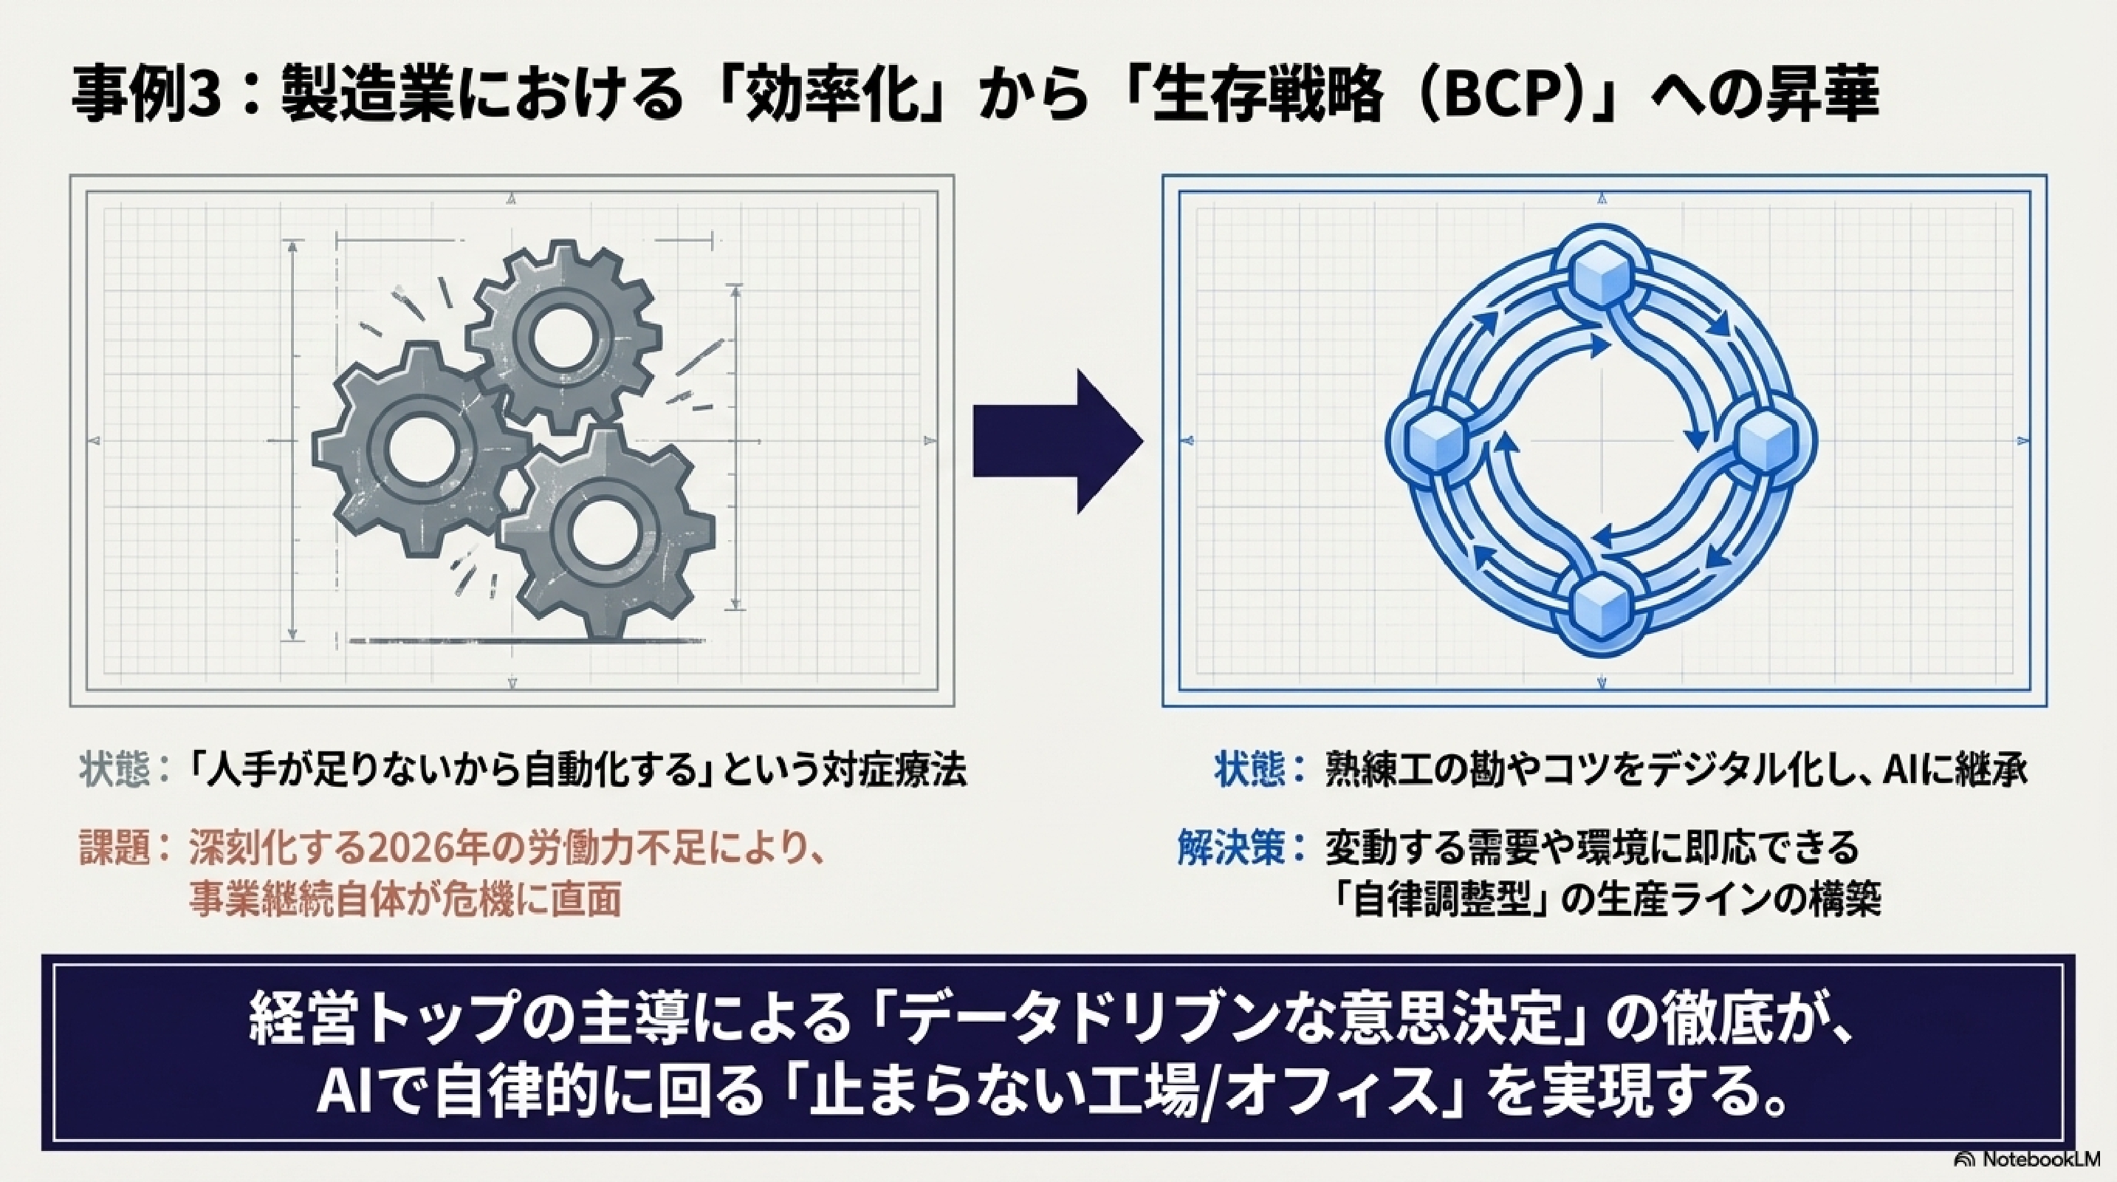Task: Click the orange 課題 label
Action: click(115, 847)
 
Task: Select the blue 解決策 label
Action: click(1230, 847)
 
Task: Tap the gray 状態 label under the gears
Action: click(115, 771)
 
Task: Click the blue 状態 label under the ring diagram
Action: click(1250, 771)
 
